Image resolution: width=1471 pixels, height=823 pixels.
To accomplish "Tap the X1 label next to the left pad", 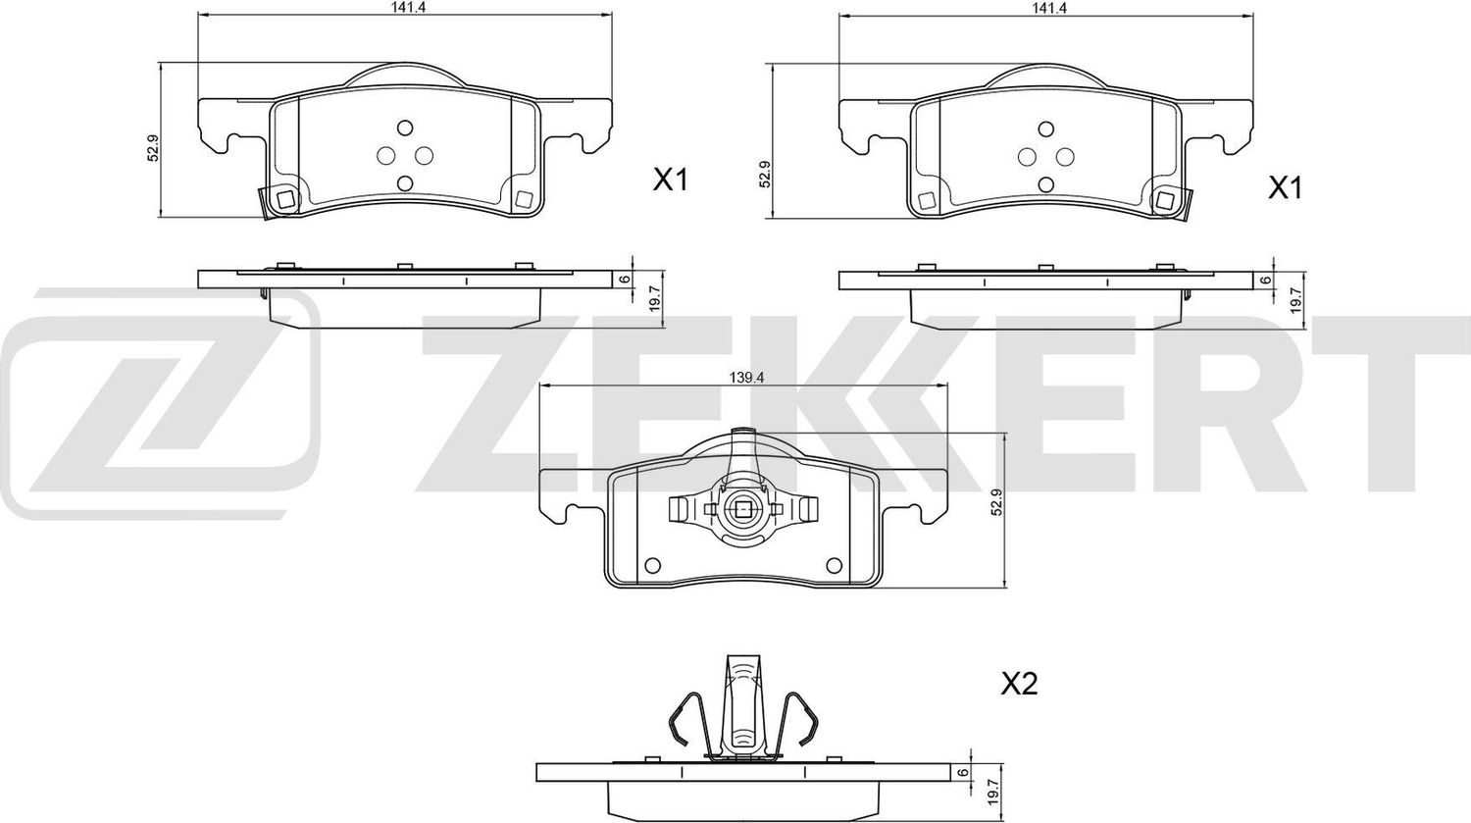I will (672, 180).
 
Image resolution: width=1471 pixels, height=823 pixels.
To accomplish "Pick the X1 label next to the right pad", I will (1285, 187).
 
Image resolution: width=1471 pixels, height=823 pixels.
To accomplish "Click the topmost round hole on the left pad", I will (404, 129).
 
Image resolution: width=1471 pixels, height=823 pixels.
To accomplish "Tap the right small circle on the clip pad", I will (835, 565).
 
